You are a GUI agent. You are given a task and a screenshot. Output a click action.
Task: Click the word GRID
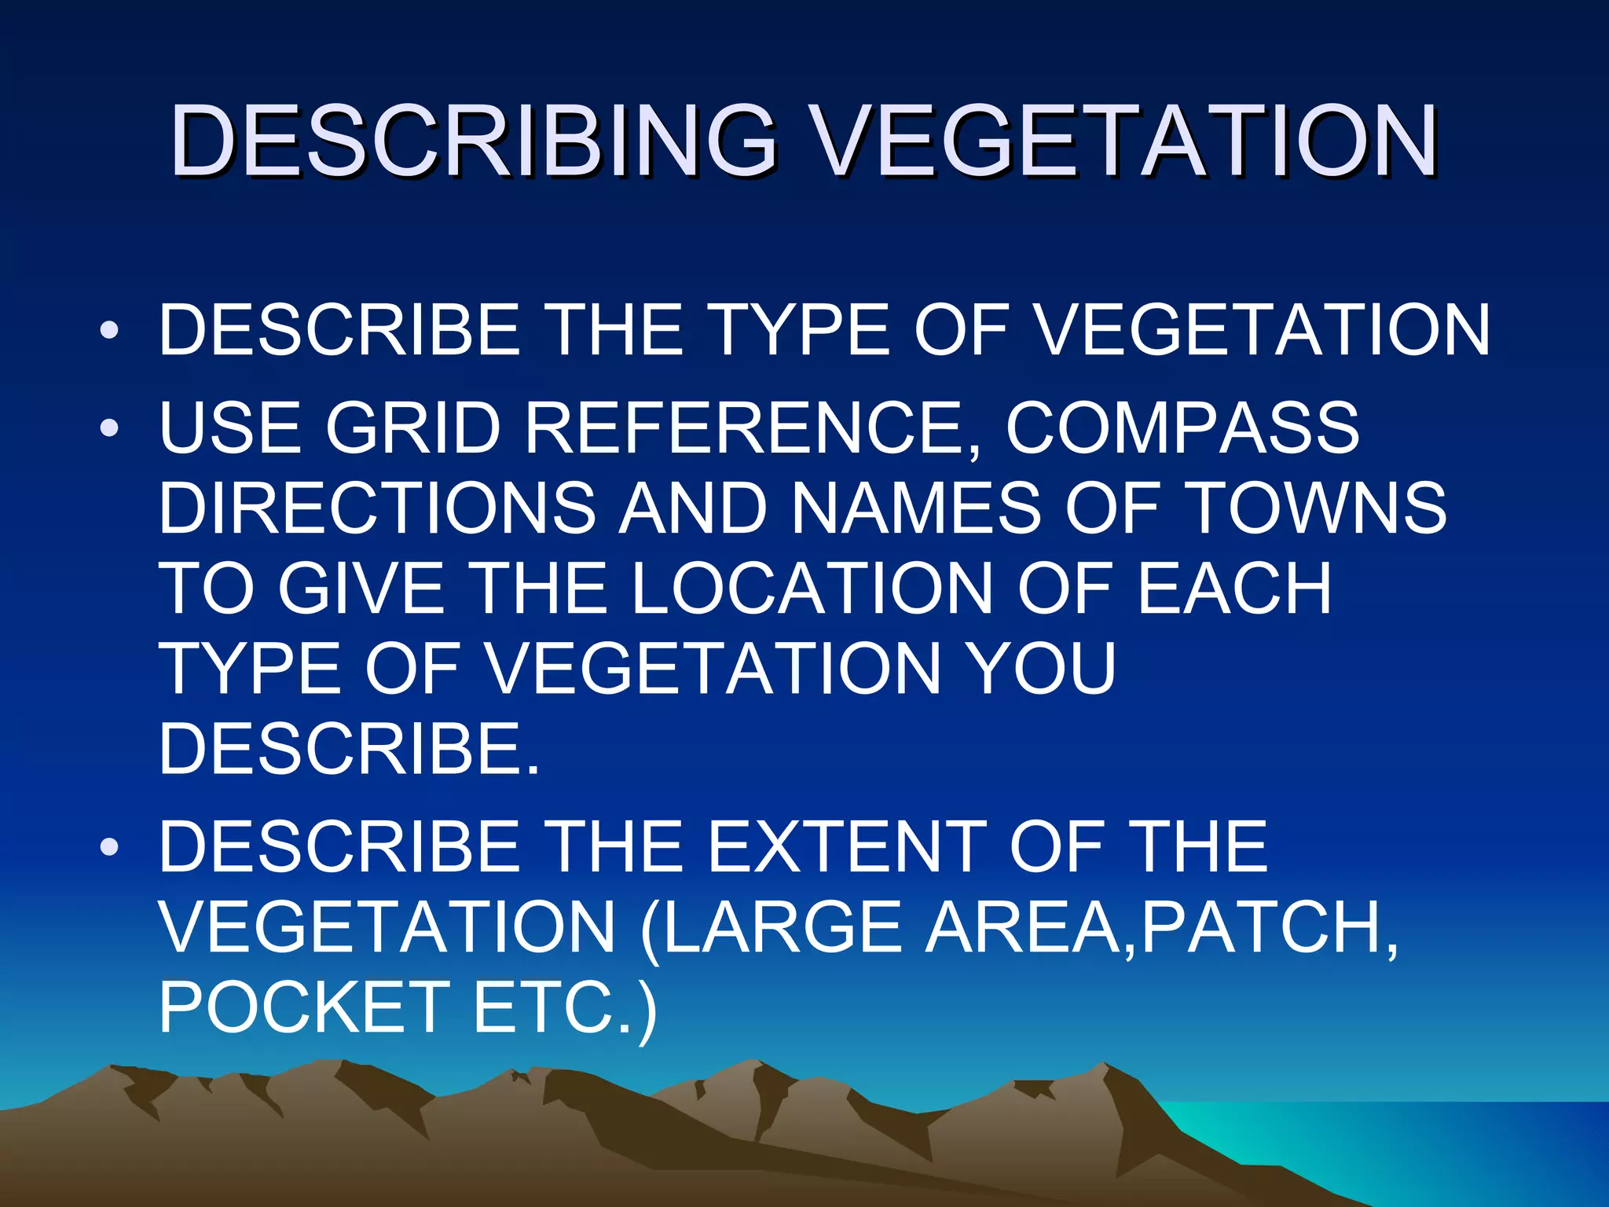[x=413, y=428]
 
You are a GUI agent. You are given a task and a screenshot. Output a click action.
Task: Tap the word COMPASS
[x=1182, y=428]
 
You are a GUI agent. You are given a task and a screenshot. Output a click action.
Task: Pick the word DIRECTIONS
[x=377, y=508]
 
